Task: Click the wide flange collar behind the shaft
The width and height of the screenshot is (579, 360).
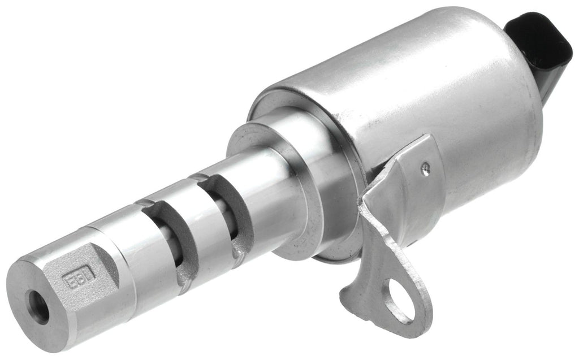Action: pyautogui.click(x=294, y=186)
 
